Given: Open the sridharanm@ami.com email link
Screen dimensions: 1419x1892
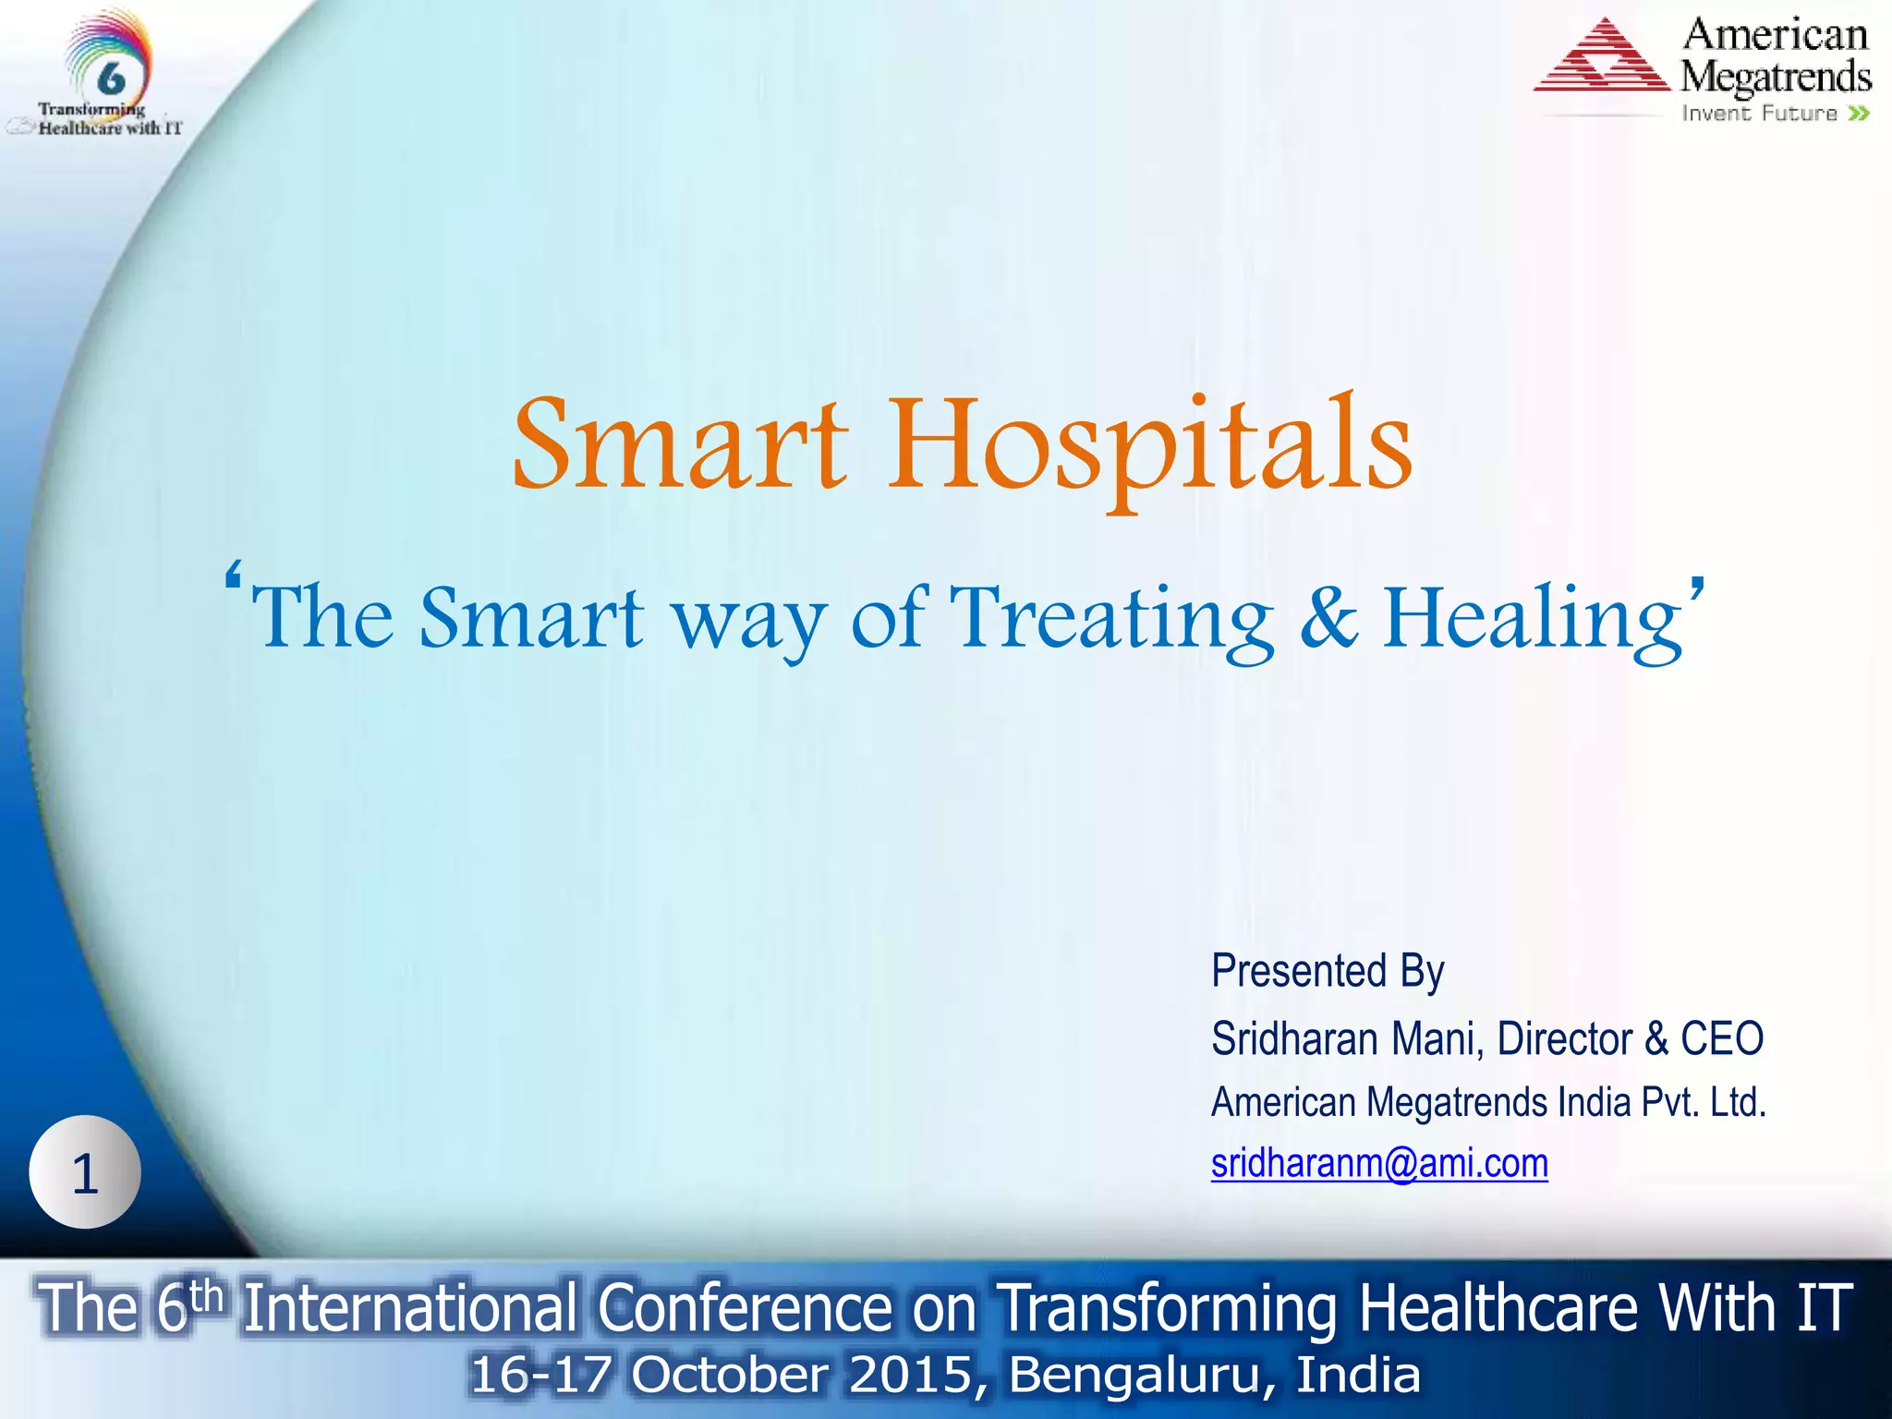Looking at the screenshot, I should click(x=1378, y=1163).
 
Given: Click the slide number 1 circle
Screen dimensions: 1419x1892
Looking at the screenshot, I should click(x=85, y=1172).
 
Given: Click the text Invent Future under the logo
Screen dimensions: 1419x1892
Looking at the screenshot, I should click(x=1759, y=114).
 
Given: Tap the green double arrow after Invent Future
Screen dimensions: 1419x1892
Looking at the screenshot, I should click(x=1859, y=114).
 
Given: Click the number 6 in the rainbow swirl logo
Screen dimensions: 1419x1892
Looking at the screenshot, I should click(x=111, y=78).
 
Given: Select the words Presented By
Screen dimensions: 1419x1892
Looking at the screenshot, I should click(x=1327, y=971).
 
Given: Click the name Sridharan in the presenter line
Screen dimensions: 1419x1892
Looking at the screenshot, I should click(x=1293, y=1038).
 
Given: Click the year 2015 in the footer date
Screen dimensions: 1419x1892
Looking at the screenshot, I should click(x=910, y=1375).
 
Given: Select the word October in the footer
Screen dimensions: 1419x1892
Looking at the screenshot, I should click(x=730, y=1375).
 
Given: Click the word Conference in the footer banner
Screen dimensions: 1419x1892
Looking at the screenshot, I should click(x=745, y=1308).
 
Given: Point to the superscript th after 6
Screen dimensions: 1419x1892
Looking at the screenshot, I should click(x=205, y=1295).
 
